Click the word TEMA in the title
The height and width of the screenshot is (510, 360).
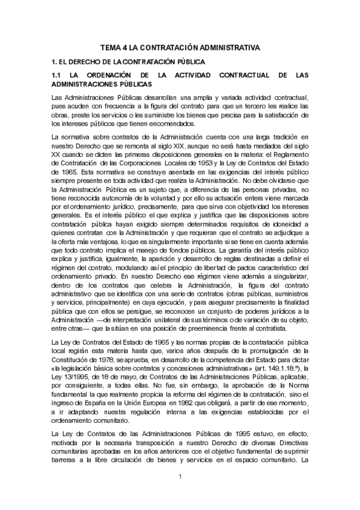pyautogui.click(x=110, y=47)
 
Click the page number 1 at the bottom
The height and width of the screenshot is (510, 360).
pyautogui.click(x=180, y=476)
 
